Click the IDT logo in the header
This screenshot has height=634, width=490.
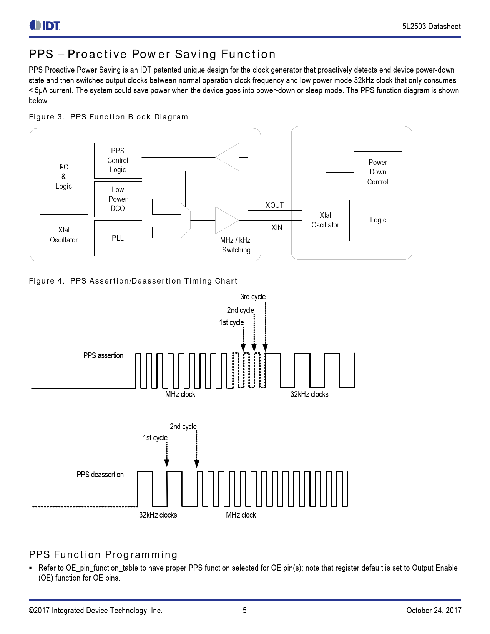[x=45, y=25]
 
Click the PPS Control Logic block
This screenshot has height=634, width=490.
[x=118, y=160]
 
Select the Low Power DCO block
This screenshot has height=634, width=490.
[x=118, y=199]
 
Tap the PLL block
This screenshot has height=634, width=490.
[x=118, y=238]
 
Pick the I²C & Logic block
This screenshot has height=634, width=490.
[x=64, y=176]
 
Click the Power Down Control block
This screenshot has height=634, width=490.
[x=378, y=172]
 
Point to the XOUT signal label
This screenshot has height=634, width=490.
[x=274, y=205]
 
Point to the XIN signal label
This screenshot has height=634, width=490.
[x=277, y=227]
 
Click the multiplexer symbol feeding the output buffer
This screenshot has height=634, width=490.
[x=186, y=221]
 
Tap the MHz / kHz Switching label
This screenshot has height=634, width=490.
[x=236, y=245]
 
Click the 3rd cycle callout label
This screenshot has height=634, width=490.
[x=253, y=297]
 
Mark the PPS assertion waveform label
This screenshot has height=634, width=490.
[x=103, y=355]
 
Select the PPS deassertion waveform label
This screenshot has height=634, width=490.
[x=100, y=475]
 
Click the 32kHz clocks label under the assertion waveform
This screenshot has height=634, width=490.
[x=309, y=394]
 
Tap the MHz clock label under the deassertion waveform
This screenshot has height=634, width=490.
[x=241, y=515]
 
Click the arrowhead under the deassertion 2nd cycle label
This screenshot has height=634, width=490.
[x=197, y=464]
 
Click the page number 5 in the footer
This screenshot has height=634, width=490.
[x=245, y=611]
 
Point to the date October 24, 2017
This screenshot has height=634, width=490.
[x=434, y=611]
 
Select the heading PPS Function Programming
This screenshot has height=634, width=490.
[x=103, y=554]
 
